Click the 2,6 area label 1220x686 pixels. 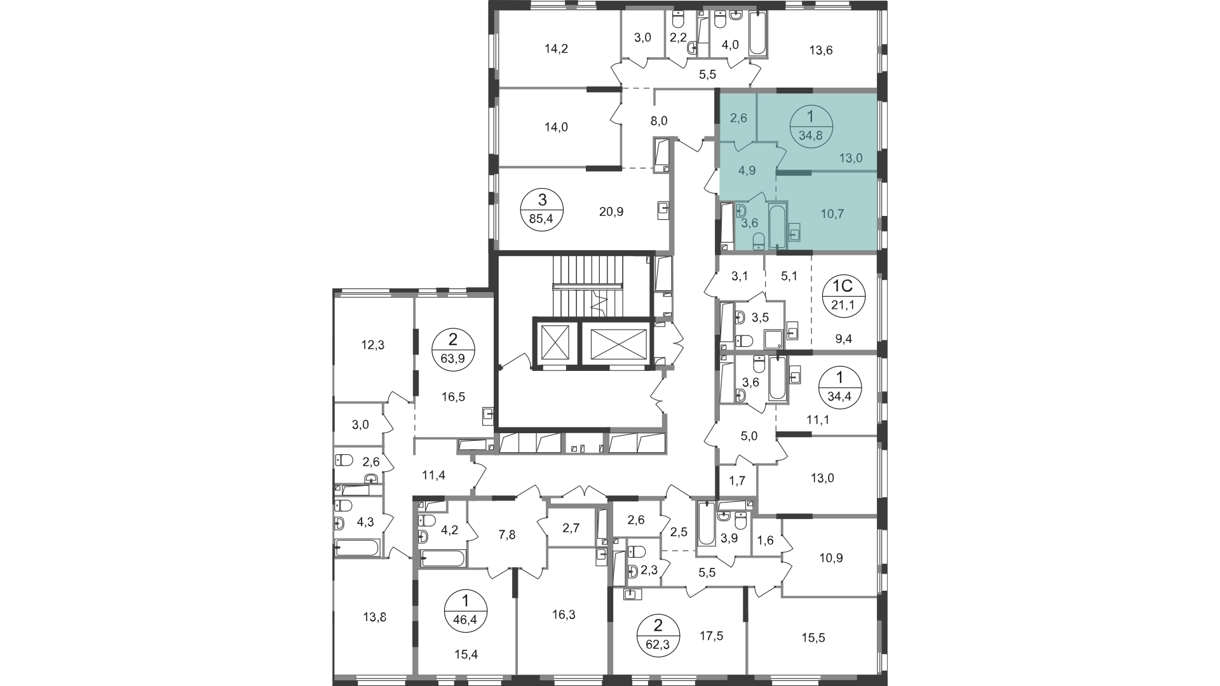pyautogui.click(x=738, y=118)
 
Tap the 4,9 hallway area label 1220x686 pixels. pyautogui.click(x=747, y=170)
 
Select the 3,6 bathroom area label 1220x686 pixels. pyautogui.click(x=750, y=223)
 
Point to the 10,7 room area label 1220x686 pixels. pyautogui.click(x=832, y=214)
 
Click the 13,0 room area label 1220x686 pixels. pyautogui.click(x=850, y=158)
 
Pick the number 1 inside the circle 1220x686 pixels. pyautogui.click(x=810, y=117)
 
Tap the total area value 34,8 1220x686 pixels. pyautogui.click(x=810, y=135)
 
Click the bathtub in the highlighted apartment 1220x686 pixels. pyautogui.click(x=777, y=225)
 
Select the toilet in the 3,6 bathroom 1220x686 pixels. pyautogui.click(x=758, y=241)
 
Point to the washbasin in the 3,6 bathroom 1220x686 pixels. pyautogui.click(x=740, y=210)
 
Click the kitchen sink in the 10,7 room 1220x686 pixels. pyautogui.click(x=794, y=233)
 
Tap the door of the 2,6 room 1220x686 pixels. pyautogui.click(x=742, y=147)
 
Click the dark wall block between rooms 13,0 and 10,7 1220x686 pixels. pyautogui.click(x=793, y=172)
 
